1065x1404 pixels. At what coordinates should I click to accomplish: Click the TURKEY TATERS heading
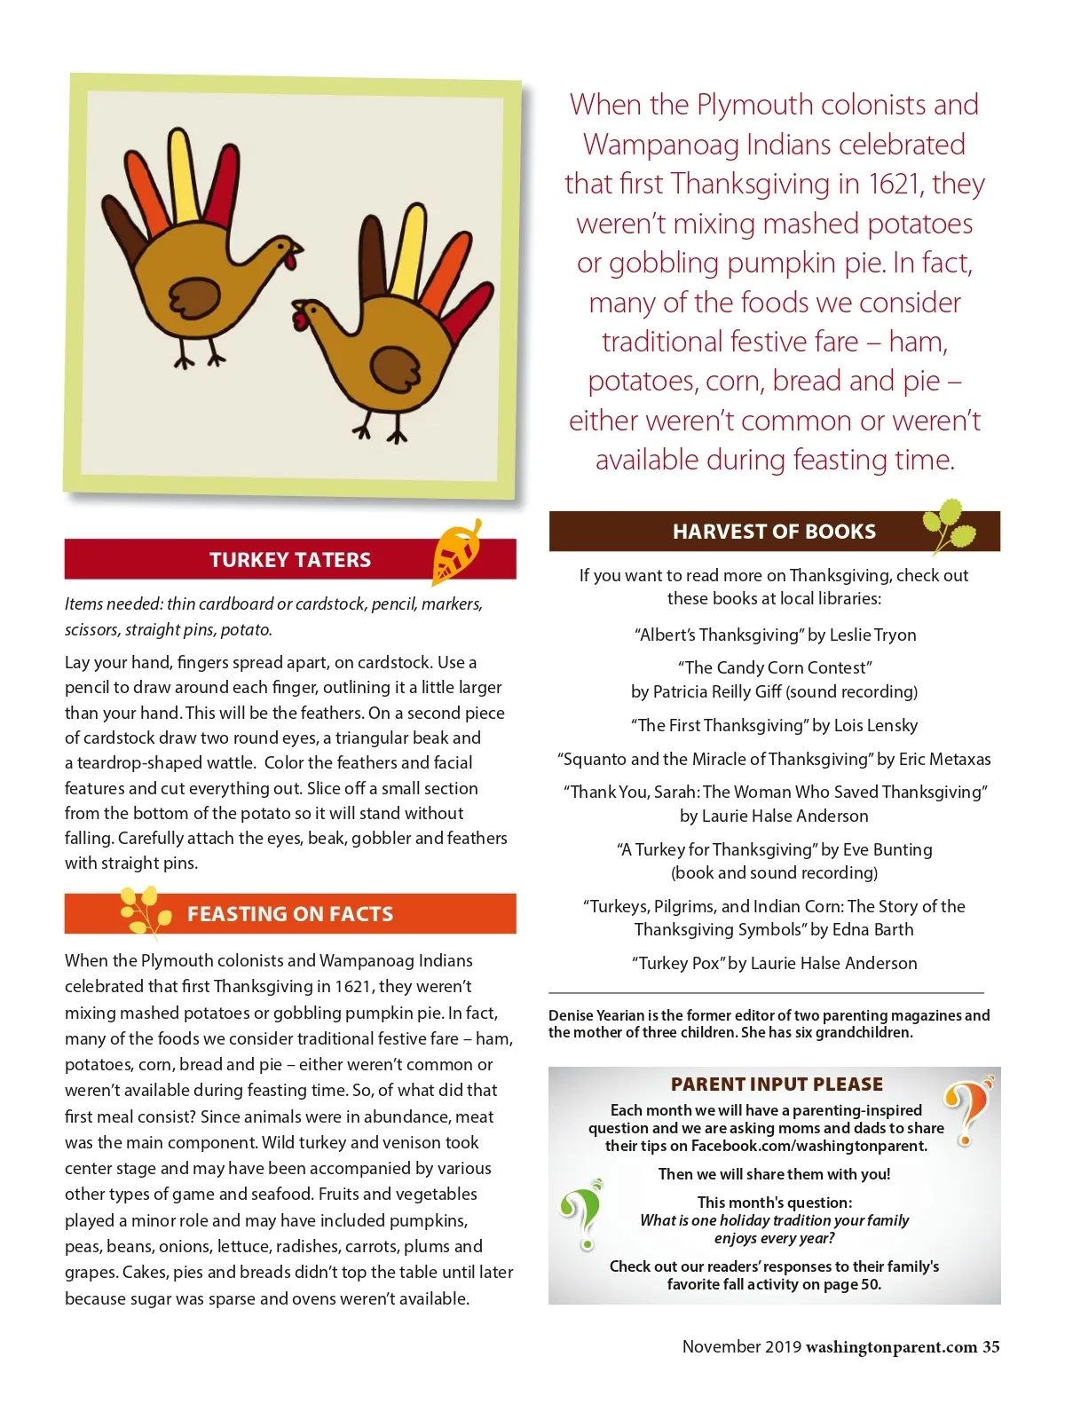pos(290,560)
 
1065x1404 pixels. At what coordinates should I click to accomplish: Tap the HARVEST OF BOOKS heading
pos(774,532)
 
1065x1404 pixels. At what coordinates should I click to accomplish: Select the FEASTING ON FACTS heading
pos(290,914)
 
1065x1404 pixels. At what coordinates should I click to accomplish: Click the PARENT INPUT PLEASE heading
pos(777,1084)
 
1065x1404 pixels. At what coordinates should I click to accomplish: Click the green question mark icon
pos(583,1213)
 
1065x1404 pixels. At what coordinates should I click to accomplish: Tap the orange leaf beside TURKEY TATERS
pos(456,553)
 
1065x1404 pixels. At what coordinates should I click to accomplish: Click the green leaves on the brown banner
pos(950,525)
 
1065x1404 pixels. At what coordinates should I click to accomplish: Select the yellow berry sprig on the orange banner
pos(145,911)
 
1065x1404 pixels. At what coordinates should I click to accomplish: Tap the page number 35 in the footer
pos(990,1347)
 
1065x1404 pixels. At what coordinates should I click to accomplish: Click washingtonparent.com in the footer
pos(891,1347)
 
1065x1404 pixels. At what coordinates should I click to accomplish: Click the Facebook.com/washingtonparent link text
pos(809,1146)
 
